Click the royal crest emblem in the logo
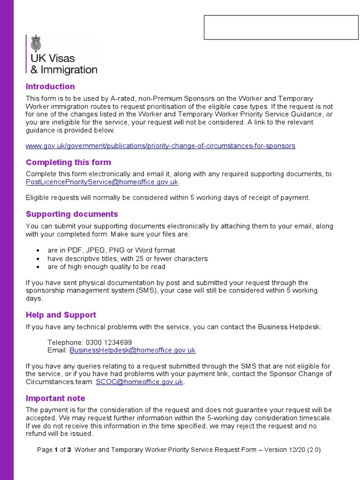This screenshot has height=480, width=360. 36,44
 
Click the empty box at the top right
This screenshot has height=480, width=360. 281,27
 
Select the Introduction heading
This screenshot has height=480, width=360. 50,87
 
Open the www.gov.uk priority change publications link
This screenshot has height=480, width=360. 160,146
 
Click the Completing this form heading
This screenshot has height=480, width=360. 68,163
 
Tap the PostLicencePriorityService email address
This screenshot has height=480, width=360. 102,182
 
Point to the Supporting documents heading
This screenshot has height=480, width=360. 72,214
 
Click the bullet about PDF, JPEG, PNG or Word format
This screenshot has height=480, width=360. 111,250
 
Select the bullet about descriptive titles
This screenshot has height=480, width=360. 127,259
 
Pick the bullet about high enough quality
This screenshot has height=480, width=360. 106,267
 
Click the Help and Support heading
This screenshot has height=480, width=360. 61,315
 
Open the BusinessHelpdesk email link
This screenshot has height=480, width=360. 133,350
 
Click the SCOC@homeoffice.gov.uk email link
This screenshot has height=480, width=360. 139,382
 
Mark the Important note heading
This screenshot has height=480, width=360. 55,398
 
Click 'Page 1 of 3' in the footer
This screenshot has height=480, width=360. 54,450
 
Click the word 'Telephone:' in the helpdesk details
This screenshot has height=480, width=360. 65,343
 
